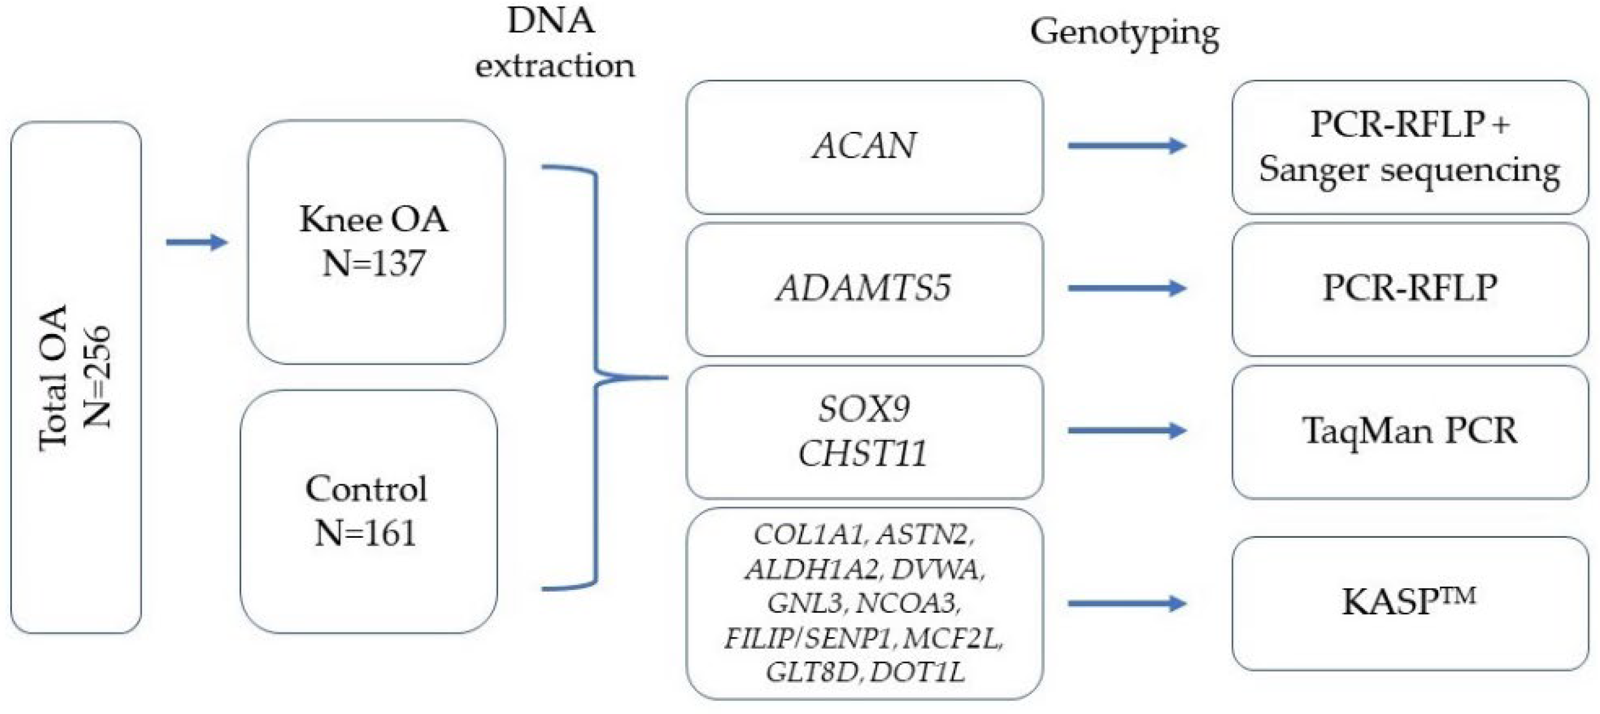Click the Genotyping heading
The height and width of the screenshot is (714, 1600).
coord(1124,32)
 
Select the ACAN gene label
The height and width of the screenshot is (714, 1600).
coord(864,146)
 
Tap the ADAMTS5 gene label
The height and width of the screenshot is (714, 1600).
coord(864,288)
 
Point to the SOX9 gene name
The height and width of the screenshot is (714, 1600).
coord(864,408)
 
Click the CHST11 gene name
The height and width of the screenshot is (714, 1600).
coord(863,453)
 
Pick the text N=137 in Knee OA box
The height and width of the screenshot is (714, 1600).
coord(373,263)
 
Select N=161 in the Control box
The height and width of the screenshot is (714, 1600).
coord(365,533)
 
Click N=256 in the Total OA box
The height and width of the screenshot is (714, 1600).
coord(98,376)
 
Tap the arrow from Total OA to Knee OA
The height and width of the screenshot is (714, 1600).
coord(197,242)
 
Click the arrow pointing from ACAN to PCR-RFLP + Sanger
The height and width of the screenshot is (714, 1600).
coord(1126,146)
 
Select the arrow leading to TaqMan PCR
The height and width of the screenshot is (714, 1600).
coord(1126,430)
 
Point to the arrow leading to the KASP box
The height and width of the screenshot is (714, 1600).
coord(1126,603)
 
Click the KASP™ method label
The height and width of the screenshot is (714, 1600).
coord(1408,601)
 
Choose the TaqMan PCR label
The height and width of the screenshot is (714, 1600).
coord(1409,430)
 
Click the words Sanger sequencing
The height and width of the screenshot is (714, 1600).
coord(1409,170)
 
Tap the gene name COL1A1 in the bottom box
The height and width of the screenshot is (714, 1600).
coord(808,535)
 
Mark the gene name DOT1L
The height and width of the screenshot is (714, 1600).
coord(917,672)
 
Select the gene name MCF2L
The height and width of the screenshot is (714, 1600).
coord(952,638)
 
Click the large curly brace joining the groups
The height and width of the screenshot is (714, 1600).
coord(596,377)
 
